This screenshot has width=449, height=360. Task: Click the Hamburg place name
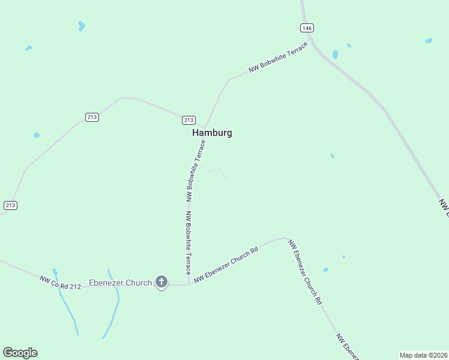click(x=212, y=133)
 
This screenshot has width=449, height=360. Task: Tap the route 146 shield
click(x=307, y=28)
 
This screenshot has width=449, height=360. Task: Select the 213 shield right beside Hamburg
click(x=188, y=119)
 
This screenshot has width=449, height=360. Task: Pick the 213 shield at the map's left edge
click(x=10, y=205)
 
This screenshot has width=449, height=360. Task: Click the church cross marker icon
click(x=161, y=281)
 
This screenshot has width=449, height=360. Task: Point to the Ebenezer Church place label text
click(x=120, y=283)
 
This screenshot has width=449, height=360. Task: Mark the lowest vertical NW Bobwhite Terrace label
click(x=188, y=242)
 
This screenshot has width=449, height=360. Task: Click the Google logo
click(x=20, y=353)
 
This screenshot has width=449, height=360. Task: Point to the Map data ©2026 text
click(x=423, y=355)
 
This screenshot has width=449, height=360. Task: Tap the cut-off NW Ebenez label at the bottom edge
click(x=347, y=347)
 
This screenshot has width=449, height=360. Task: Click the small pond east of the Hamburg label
click(x=332, y=156)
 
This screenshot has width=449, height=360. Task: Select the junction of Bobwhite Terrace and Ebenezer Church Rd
click(x=188, y=284)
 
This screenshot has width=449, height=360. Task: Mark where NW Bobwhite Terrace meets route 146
click(x=309, y=42)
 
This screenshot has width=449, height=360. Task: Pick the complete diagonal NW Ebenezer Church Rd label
click(x=304, y=272)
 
